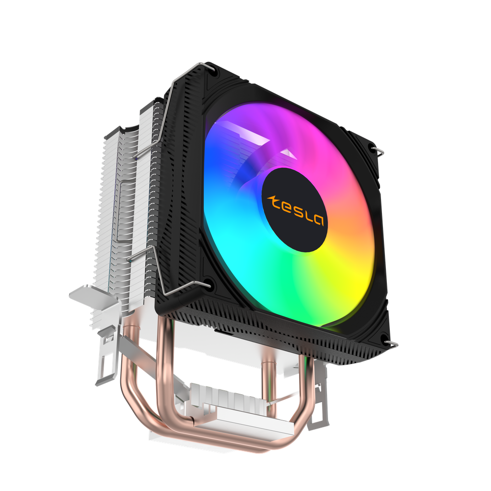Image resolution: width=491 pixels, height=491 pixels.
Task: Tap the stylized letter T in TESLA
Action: [x=273, y=201]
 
